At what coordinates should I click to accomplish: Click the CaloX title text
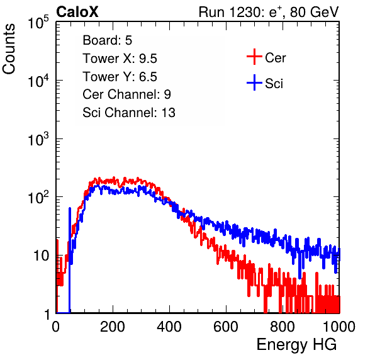[x=77, y=12]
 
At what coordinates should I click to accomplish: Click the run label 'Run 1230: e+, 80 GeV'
[x=269, y=12]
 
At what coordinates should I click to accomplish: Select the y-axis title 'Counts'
[x=9, y=49]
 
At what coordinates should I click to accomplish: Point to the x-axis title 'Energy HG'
[x=296, y=345]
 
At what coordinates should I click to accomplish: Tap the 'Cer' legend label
[x=275, y=58]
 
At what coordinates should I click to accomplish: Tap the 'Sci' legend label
[x=274, y=84]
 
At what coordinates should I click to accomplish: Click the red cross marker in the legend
[x=254, y=57]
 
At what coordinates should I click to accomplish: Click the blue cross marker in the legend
[x=254, y=82]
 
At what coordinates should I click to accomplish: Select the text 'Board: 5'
[x=107, y=40]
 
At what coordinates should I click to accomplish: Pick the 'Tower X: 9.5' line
[x=120, y=59]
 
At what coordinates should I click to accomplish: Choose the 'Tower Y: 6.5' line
[x=120, y=77]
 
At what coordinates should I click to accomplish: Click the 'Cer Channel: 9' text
[x=126, y=94]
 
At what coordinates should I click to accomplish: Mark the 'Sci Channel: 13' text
[x=129, y=113]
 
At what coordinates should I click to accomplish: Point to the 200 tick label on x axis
[x=113, y=327]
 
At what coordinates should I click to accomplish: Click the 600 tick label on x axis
[x=226, y=327]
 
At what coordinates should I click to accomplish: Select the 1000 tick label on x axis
[x=339, y=327]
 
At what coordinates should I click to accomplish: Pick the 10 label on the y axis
[x=41, y=256]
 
